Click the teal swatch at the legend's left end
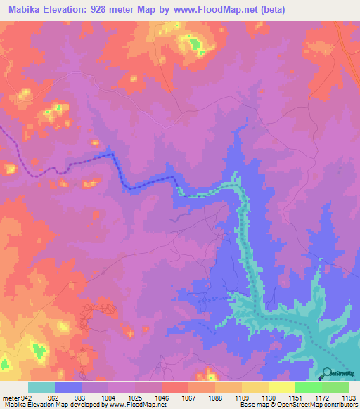(x=41, y=387)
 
